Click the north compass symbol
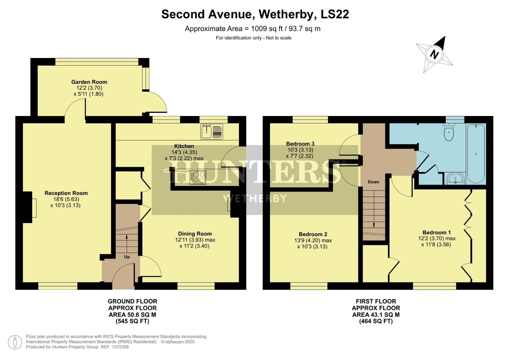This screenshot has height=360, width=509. pos(434,54)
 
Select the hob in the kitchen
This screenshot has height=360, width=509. pos(198,177)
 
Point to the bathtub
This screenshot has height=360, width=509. pos(476,153)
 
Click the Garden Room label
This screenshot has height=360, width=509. pos(89,82)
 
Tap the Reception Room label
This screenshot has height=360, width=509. pos(66,193)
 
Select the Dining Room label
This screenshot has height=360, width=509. pos(195,234)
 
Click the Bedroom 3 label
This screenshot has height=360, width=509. pos(300,144)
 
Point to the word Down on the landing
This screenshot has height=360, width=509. pos(373,182)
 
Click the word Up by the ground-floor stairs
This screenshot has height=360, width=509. pos(127,257)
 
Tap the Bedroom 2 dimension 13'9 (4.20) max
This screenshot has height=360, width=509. pos(313,240)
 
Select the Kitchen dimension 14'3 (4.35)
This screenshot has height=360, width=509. pos(184,152)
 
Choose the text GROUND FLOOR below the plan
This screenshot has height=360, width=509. pos(132,301)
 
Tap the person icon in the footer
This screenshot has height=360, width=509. pos(15,342)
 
